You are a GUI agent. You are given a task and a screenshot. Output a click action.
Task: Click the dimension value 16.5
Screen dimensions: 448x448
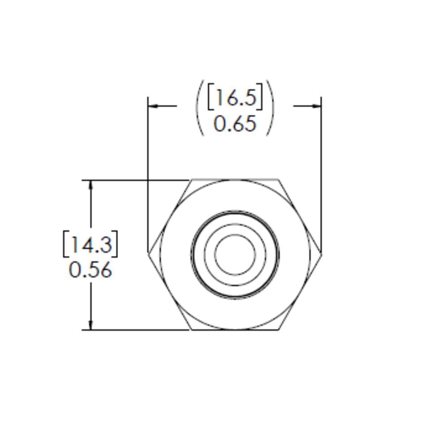(235, 97)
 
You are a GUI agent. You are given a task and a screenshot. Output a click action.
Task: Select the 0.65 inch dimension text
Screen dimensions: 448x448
(235, 124)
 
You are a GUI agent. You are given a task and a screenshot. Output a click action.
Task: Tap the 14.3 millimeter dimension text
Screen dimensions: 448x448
(91, 244)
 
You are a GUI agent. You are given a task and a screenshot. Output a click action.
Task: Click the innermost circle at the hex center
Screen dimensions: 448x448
(235, 254)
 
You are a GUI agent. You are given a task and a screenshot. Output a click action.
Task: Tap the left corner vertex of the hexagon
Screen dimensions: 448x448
(149, 254)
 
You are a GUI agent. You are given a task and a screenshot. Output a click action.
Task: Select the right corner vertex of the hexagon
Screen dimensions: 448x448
(321, 254)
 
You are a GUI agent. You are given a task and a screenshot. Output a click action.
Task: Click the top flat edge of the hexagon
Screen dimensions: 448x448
(235, 180)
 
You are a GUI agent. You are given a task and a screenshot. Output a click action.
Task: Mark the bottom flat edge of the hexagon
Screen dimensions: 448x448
(235, 330)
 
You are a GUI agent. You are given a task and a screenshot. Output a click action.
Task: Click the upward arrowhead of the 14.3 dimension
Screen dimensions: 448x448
(91, 185)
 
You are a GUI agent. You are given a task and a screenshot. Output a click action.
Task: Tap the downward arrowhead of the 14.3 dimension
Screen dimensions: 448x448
(91, 325)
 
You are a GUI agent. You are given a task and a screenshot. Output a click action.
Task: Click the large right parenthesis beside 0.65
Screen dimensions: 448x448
(270, 108)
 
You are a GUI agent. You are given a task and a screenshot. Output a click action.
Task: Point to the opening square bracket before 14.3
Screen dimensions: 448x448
(65, 244)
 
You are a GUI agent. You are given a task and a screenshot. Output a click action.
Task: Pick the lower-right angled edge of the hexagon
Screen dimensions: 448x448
(300, 292)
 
